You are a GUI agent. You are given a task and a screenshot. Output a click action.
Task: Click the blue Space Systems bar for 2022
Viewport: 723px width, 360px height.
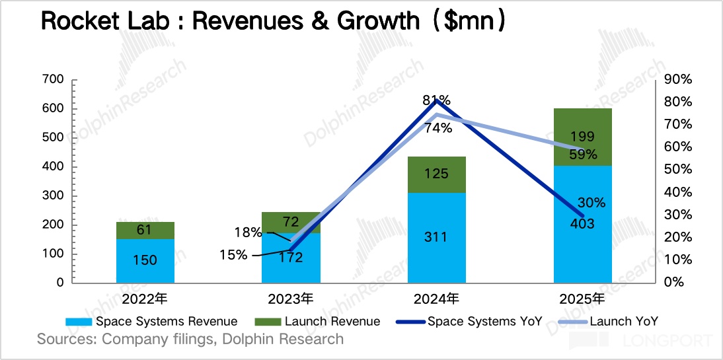point(145,260)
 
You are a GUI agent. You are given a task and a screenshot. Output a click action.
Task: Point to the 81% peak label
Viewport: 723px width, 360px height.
point(437,100)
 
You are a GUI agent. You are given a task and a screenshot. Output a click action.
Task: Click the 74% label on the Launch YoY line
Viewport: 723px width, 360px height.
point(438,128)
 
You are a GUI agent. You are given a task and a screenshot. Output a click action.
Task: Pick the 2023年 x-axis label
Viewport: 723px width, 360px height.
point(291,299)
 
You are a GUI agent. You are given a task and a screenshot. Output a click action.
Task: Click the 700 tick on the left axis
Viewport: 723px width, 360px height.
point(52,80)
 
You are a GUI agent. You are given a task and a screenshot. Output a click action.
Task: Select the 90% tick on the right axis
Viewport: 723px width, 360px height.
point(677,80)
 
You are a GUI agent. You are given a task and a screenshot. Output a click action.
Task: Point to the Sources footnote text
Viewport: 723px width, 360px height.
point(190,340)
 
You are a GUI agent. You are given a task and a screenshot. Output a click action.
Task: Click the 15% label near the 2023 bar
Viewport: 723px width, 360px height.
point(234,254)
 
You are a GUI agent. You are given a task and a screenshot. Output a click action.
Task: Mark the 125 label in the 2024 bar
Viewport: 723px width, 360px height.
point(437,174)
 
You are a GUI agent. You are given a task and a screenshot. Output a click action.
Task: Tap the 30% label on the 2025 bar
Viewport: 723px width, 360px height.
point(591,202)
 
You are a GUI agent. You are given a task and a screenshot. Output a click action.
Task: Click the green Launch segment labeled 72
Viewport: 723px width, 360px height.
point(291,222)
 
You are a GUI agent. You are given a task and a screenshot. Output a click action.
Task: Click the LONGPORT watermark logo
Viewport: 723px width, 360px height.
point(641,341)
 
